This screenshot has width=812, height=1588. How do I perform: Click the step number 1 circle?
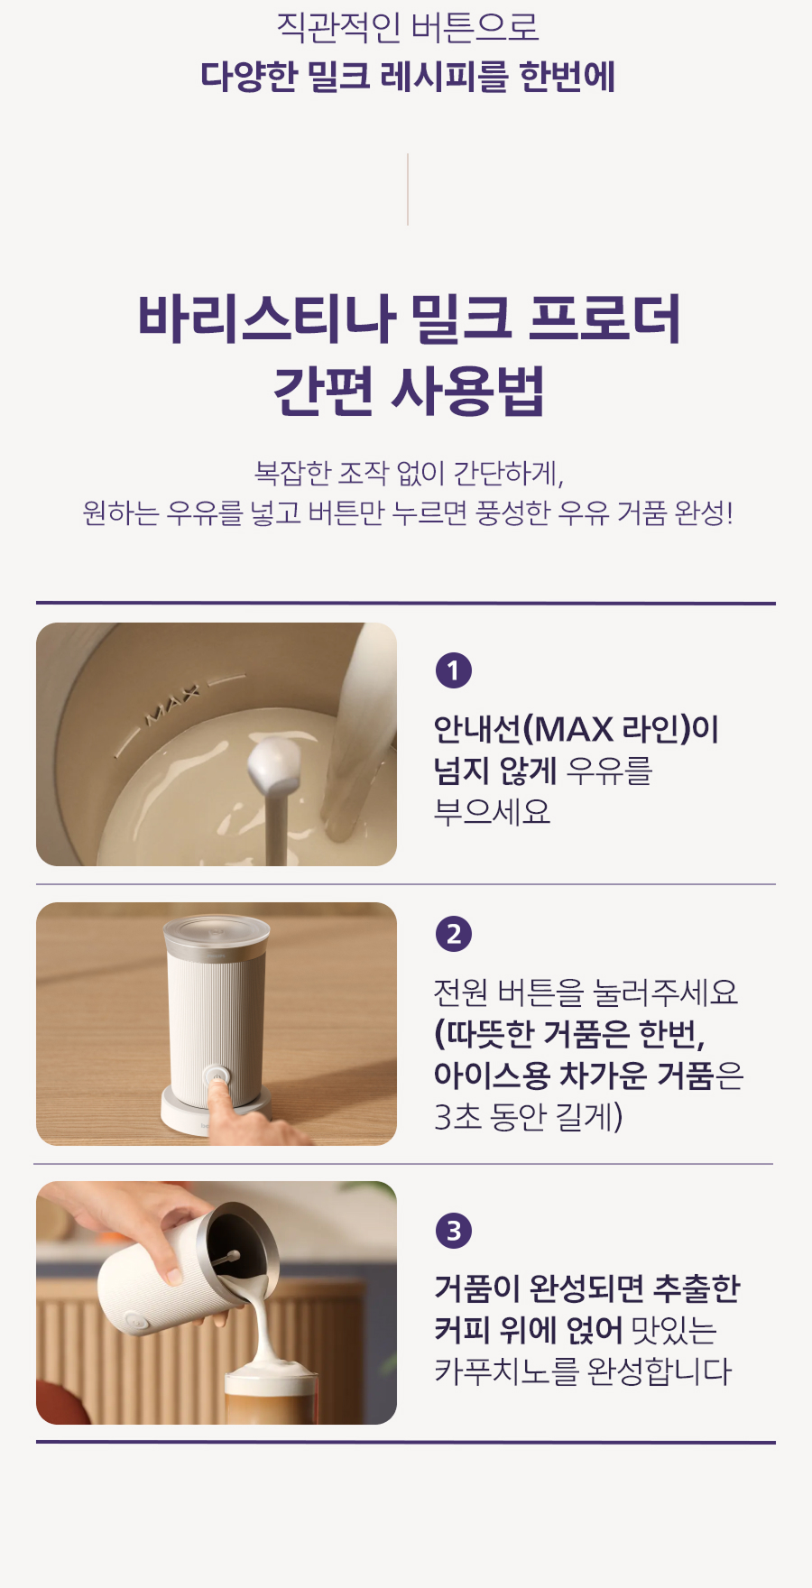454,670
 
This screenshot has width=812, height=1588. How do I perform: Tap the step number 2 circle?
454,934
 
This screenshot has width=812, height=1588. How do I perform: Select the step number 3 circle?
454,1231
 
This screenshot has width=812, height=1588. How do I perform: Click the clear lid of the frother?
217,932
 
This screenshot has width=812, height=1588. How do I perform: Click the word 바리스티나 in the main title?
266,319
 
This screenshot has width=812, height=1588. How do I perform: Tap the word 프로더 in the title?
604,319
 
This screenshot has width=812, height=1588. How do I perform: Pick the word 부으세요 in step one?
493,811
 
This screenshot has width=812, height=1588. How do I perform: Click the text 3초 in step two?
457,1116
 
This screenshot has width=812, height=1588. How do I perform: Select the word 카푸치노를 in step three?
506,1371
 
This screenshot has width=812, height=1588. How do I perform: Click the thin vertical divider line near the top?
408,189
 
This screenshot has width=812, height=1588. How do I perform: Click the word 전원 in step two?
461,992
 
